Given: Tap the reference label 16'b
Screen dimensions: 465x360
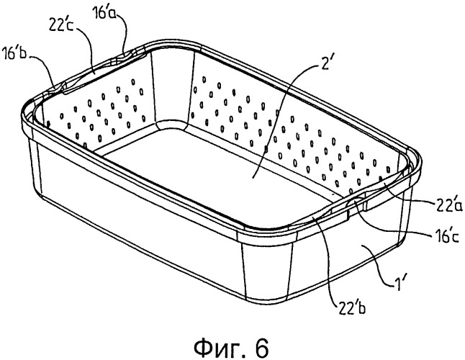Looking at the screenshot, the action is [14, 54].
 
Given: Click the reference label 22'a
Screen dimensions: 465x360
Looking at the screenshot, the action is [448, 205].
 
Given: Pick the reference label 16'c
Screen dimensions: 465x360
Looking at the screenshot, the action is [444, 237].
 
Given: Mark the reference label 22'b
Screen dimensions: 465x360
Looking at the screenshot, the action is [351, 308].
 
